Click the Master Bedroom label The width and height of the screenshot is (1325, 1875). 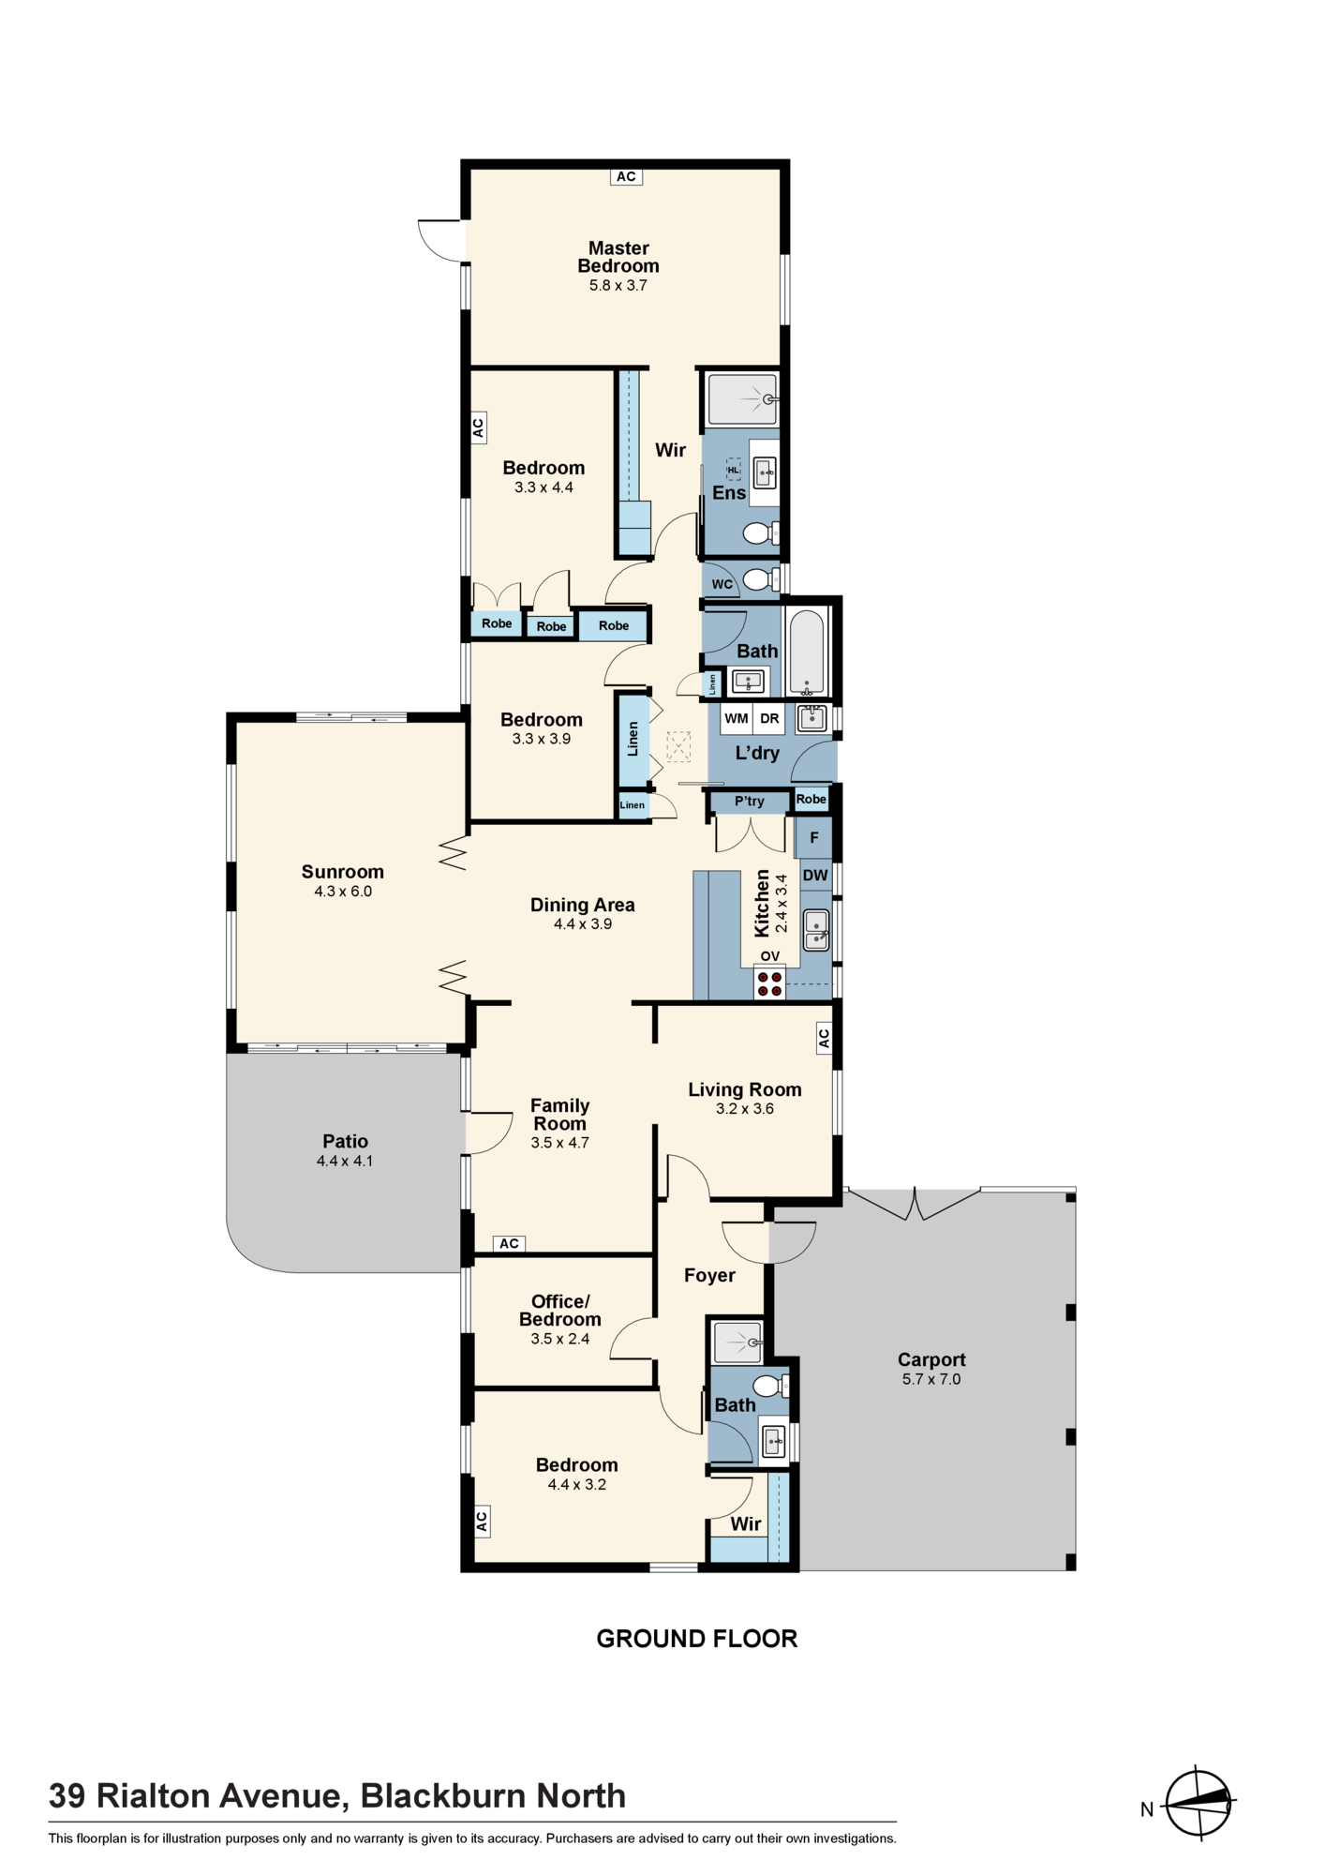click(618, 257)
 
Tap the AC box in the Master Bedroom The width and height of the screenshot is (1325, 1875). click(626, 176)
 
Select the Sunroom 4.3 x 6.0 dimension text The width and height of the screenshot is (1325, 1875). click(343, 892)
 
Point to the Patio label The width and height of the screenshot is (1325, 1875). click(345, 1141)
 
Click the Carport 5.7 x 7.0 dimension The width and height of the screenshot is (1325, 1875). click(931, 1379)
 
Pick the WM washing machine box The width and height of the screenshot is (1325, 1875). click(737, 719)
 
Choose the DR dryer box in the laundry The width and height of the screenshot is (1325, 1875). click(769, 719)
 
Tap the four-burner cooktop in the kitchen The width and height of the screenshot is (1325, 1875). click(770, 983)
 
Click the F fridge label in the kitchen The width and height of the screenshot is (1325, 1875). click(814, 838)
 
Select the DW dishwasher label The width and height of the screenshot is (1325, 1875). click(815, 876)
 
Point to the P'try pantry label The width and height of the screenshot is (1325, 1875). click(750, 802)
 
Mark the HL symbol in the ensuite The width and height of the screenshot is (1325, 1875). click(733, 470)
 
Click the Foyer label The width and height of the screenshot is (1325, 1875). click(709, 1275)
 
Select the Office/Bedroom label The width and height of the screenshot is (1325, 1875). click(560, 1311)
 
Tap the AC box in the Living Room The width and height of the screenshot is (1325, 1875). click(824, 1039)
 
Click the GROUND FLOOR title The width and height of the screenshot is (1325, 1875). click(697, 1639)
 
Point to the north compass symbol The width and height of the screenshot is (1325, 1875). click(1198, 1802)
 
